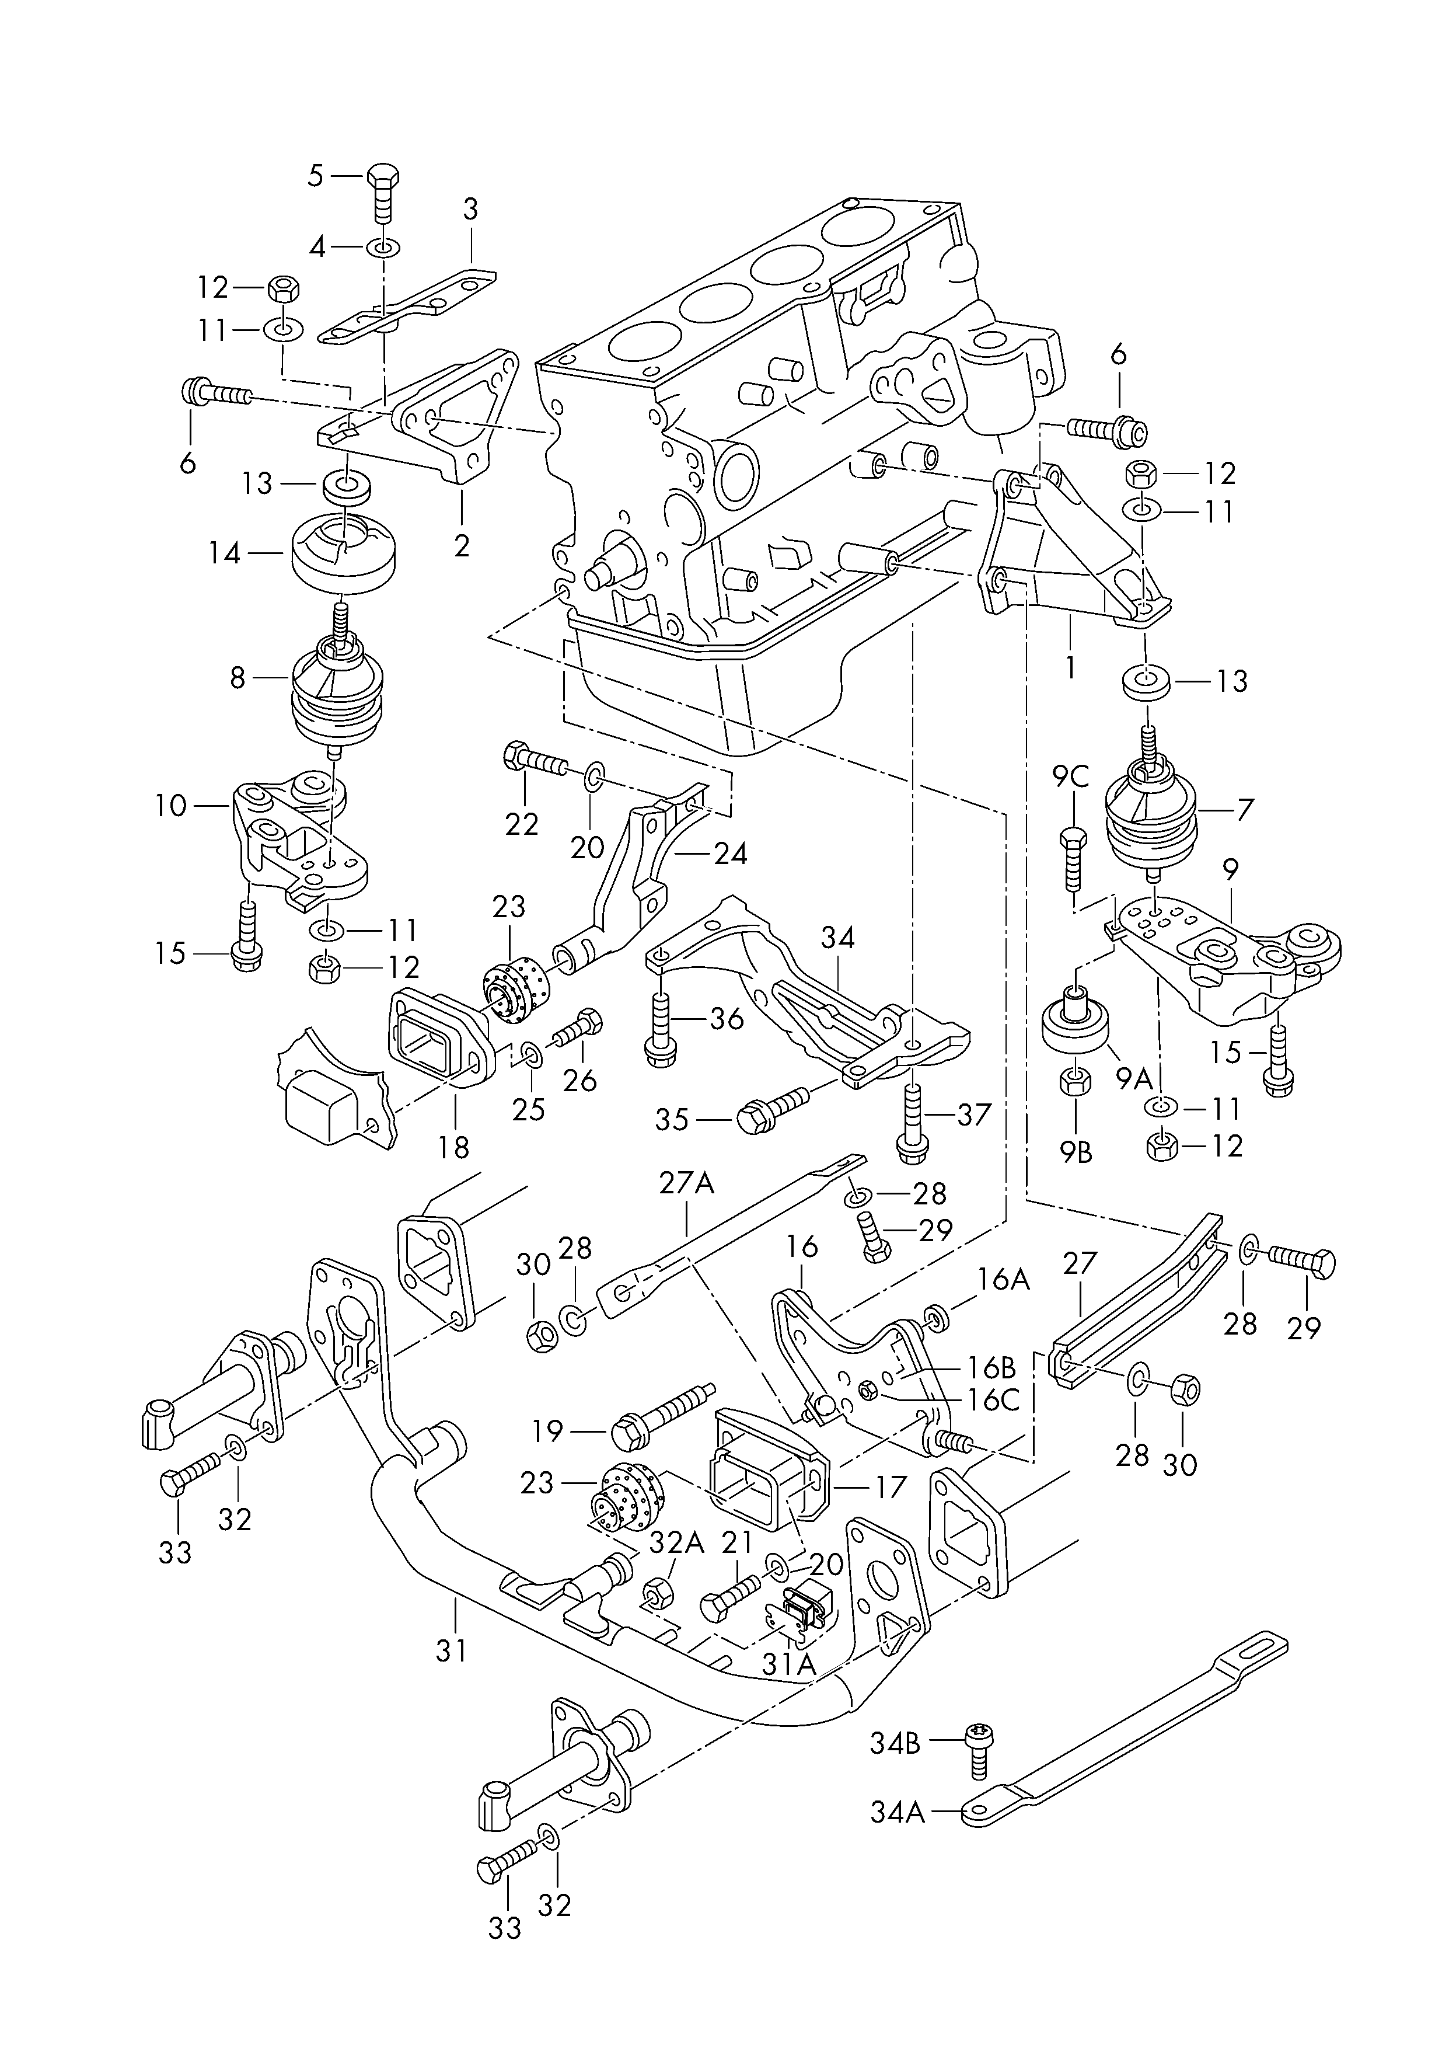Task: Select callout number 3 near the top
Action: point(470,210)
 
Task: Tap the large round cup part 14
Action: point(344,553)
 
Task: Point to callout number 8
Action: point(238,678)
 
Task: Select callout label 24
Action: point(731,854)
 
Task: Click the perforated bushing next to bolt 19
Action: point(628,1499)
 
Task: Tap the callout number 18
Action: point(454,1147)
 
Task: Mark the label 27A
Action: point(687,1183)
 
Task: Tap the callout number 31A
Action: point(789,1664)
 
